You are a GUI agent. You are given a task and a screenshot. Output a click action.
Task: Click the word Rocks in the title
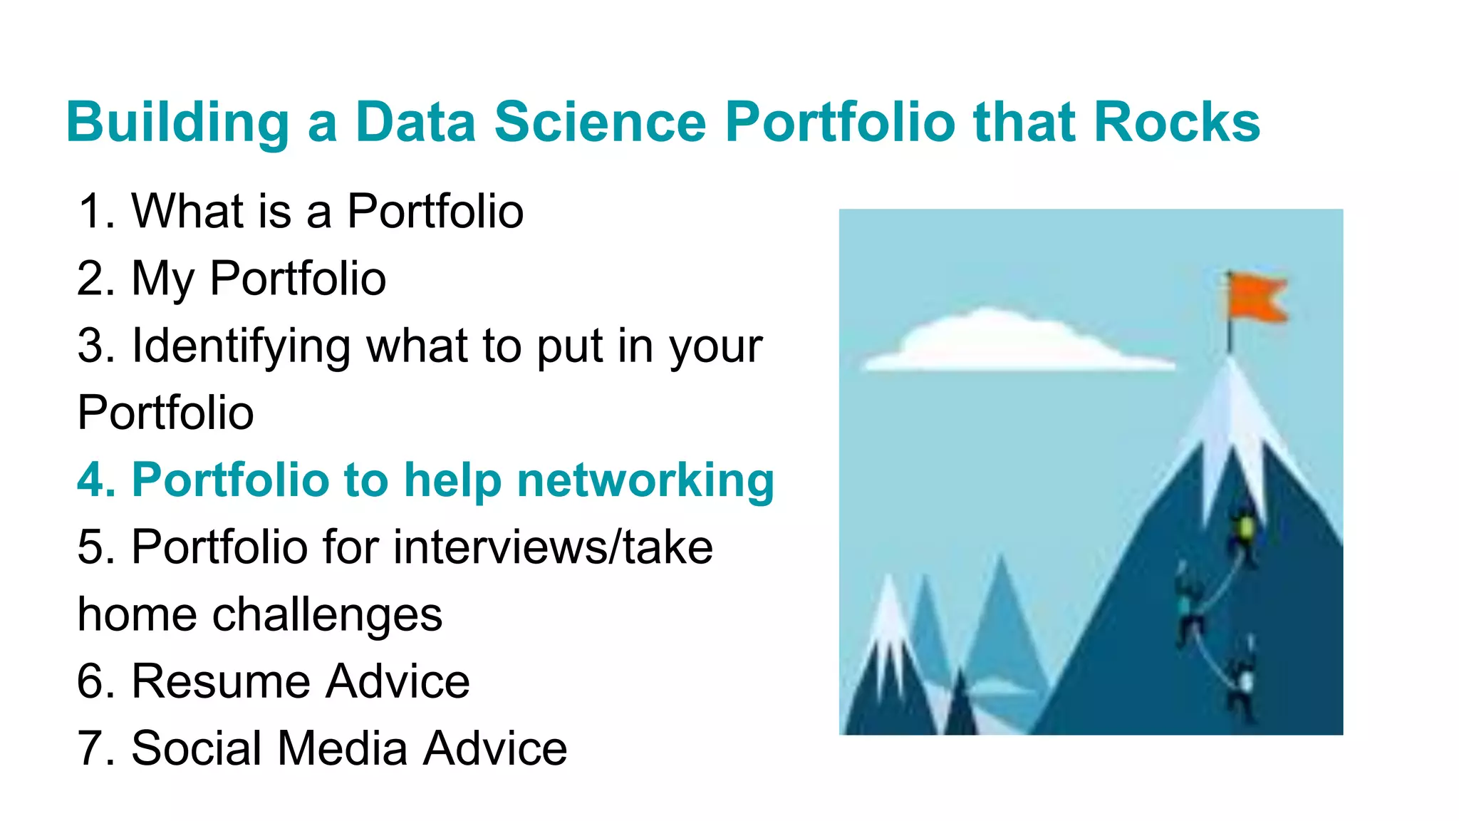(x=1176, y=122)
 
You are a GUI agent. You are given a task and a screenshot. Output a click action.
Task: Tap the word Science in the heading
(x=600, y=122)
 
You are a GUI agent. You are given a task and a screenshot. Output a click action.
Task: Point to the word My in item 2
(x=162, y=279)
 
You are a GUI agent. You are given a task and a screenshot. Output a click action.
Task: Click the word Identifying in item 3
(x=241, y=346)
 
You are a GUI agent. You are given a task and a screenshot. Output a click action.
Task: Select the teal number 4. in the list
(x=95, y=480)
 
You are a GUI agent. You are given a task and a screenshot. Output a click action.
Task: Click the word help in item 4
(x=453, y=480)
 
